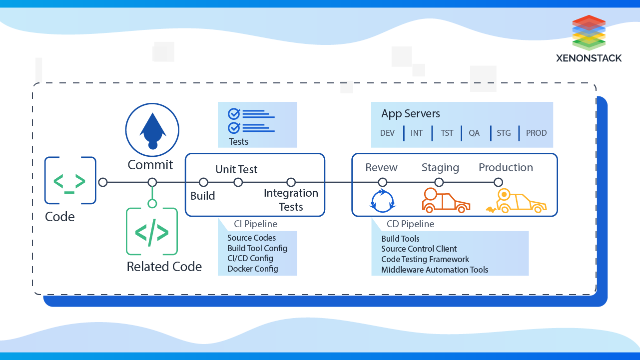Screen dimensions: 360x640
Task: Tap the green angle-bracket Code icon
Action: [x=70, y=180]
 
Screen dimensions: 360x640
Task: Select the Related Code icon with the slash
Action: [x=152, y=232]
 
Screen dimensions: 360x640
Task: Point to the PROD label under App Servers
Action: [x=536, y=133]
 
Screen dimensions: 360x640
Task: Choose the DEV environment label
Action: [x=387, y=133]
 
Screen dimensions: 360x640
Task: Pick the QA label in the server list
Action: [x=474, y=133]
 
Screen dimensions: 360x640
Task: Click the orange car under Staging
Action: [x=445, y=201]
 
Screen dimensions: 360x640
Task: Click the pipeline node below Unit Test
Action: [x=238, y=182]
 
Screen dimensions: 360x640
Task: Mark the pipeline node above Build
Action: [x=203, y=182]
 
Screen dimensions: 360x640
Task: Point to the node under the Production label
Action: [x=498, y=182]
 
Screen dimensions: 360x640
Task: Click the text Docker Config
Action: [x=252, y=269]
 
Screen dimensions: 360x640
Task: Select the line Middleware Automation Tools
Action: [x=435, y=270]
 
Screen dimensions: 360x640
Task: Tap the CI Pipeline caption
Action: [x=255, y=224]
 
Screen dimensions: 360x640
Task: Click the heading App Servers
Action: [x=411, y=114]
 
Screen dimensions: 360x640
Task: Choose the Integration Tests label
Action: [x=291, y=200]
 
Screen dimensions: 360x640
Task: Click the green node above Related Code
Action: [x=152, y=204]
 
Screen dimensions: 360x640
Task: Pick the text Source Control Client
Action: [x=419, y=249]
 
